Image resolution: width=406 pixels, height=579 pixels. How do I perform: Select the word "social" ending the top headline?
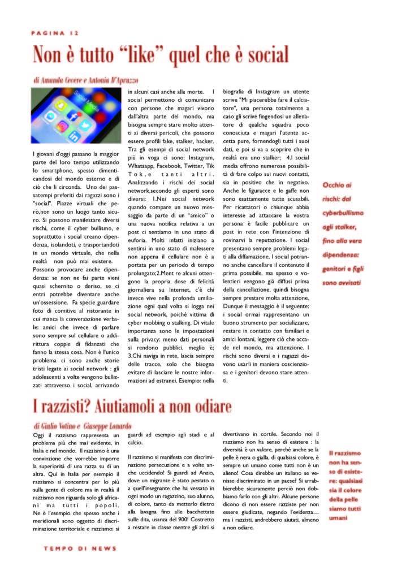point(266,54)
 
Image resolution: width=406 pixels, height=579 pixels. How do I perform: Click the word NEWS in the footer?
point(102,548)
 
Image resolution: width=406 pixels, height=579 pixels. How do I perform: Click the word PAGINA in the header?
point(48,34)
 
